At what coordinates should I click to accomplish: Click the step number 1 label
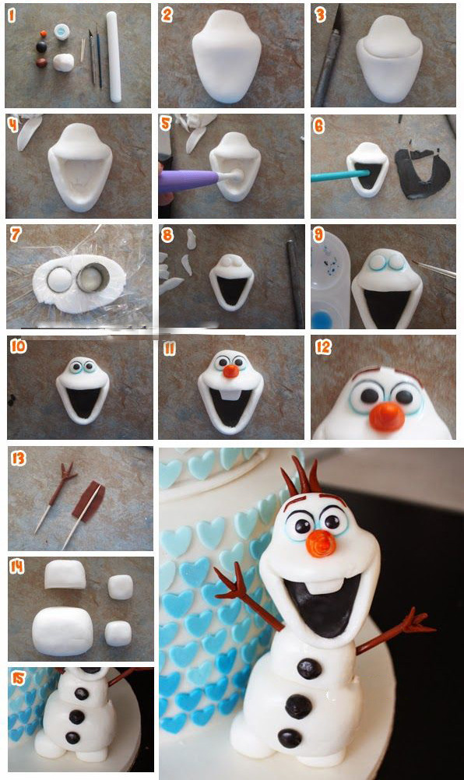[12, 16]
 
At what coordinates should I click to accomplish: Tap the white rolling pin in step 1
[114, 57]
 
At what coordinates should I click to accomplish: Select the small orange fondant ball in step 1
[44, 33]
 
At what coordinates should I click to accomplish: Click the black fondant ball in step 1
[42, 47]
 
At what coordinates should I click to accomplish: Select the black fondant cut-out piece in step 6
[423, 173]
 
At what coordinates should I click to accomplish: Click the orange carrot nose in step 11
[230, 371]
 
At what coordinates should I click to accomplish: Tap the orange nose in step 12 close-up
[387, 417]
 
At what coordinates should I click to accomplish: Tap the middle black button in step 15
[76, 716]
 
